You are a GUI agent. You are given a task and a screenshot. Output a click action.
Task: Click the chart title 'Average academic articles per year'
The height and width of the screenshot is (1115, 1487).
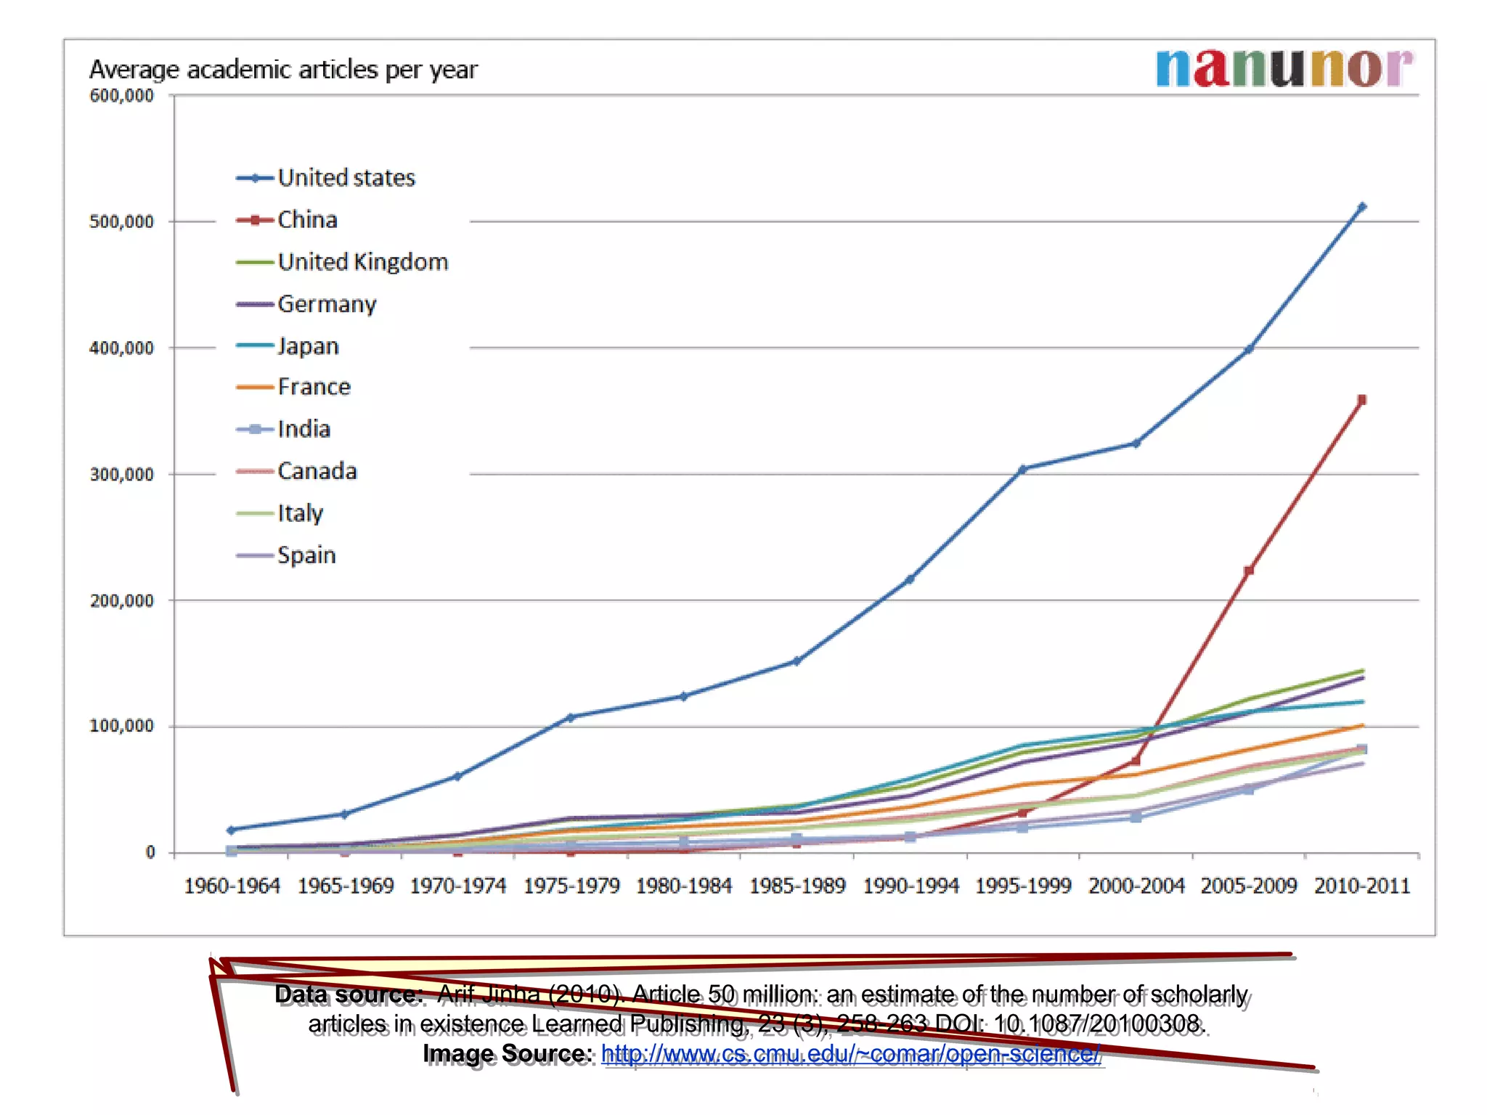283,70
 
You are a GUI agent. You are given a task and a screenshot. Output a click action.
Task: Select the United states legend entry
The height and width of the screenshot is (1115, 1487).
326,178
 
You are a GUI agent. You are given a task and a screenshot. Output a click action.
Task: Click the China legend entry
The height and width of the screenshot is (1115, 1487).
288,220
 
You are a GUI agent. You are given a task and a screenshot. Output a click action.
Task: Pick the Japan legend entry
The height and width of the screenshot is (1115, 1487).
288,346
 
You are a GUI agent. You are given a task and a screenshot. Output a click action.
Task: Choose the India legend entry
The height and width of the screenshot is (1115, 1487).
284,429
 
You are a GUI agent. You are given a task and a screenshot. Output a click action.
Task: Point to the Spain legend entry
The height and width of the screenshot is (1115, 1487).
287,555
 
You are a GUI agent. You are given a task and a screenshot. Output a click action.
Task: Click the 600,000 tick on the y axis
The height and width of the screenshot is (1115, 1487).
121,96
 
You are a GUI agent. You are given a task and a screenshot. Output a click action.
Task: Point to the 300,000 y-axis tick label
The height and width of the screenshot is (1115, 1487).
121,475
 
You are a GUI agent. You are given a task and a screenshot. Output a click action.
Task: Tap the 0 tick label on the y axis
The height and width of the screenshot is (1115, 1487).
150,853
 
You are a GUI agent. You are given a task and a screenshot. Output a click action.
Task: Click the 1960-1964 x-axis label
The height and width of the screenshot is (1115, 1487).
232,886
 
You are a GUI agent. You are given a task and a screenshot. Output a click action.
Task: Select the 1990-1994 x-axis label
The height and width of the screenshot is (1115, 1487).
910,886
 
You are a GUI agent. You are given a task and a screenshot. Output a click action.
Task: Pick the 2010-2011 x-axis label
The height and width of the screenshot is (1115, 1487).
1362,886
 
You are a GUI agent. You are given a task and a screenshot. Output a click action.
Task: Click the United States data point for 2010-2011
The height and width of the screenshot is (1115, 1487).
1361,208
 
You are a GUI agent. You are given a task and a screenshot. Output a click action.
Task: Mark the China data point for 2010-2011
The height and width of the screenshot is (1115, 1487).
1361,400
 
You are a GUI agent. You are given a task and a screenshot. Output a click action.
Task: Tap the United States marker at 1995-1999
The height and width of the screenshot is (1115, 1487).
1022,470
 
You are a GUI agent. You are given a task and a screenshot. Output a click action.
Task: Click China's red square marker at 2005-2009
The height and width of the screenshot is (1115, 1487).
1249,571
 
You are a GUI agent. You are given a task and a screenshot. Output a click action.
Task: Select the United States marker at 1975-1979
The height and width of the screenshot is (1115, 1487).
571,718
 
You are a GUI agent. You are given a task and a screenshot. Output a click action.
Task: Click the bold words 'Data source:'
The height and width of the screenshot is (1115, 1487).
349,994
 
